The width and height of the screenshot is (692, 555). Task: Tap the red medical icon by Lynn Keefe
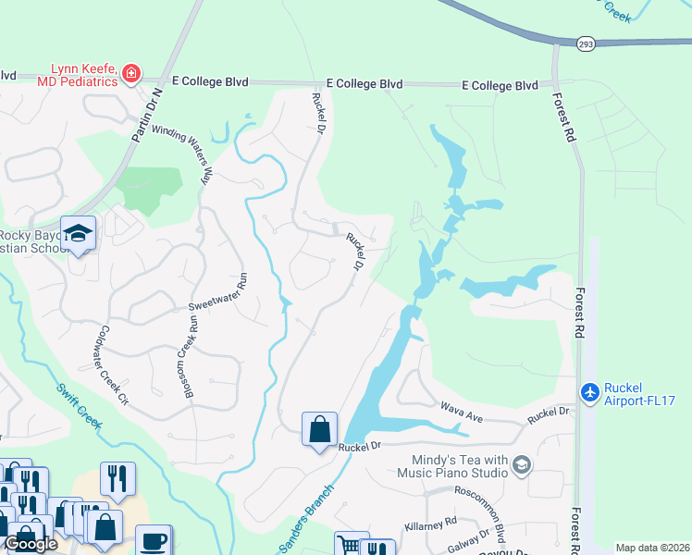coord(131,72)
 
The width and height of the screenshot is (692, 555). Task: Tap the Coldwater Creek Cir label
coord(109,367)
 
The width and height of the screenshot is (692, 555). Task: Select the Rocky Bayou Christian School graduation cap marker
coord(79,233)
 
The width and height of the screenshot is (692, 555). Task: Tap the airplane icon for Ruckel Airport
coord(589,392)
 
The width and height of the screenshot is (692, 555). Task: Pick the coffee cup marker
coord(154,539)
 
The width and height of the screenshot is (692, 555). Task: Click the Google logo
coord(31,545)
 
